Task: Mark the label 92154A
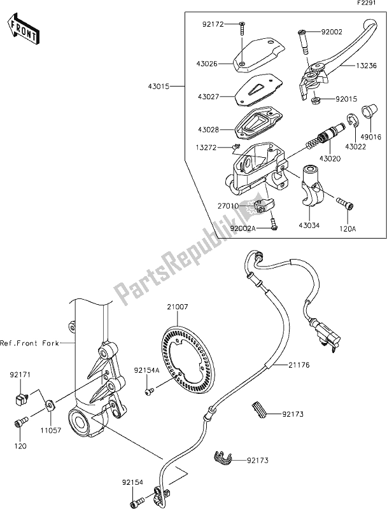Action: point(129,370)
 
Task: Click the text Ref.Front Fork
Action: point(30,343)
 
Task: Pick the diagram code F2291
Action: point(372,5)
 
